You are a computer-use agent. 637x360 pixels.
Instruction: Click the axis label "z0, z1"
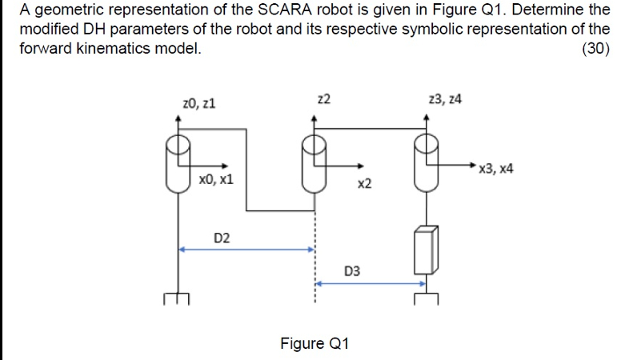(198, 103)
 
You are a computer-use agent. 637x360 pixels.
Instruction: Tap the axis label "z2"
(323, 99)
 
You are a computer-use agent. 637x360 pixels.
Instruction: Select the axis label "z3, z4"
(445, 99)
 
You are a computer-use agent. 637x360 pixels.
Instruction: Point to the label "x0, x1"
(216, 179)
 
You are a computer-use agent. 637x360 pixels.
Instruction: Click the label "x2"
(364, 184)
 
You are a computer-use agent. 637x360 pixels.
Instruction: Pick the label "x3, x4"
(495, 169)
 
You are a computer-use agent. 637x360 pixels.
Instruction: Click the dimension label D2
(222, 238)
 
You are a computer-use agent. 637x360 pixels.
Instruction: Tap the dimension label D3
(351, 271)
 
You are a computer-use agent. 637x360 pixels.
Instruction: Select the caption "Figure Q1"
(314, 343)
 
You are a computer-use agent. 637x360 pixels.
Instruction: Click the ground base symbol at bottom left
(177, 298)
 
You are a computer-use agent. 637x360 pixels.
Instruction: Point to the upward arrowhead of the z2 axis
(314, 118)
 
